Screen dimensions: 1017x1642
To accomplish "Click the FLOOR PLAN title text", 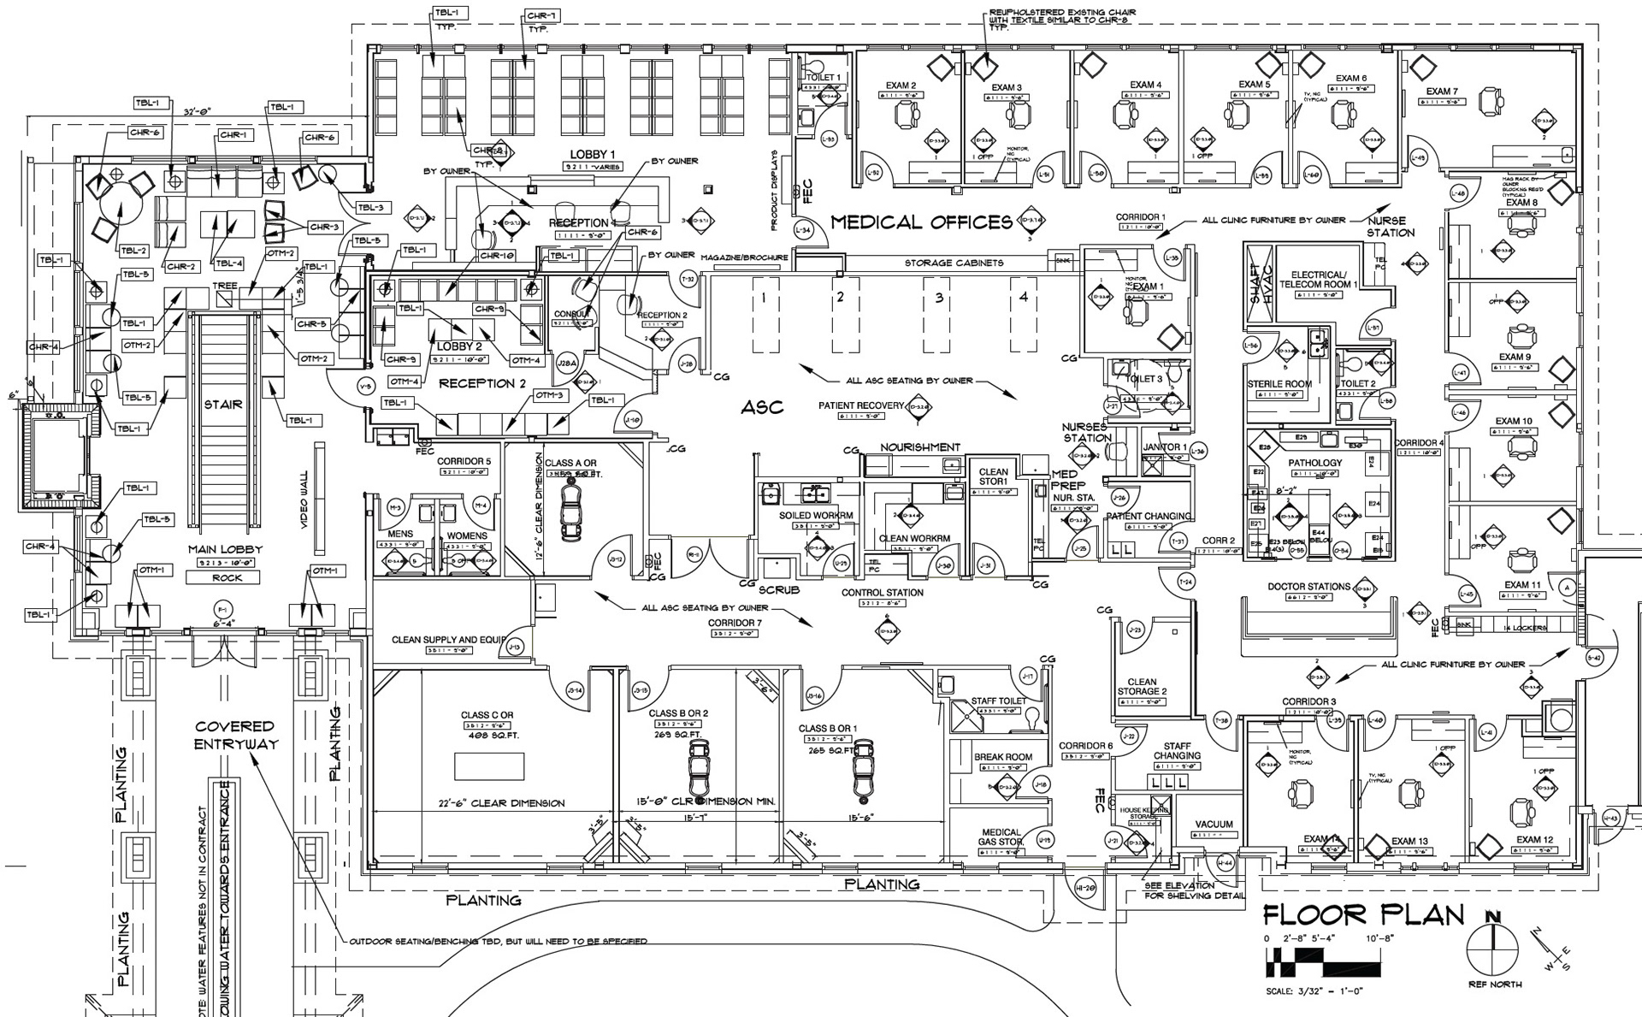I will pyautogui.click(x=1364, y=915).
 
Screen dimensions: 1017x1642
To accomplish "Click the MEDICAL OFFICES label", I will pyautogui.click(x=921, y=222).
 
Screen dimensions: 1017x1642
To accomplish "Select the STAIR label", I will pyautogui.click(x=222, y=404).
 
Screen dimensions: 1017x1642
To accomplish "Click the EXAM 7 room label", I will pyautogui.click(x=1442, y=92).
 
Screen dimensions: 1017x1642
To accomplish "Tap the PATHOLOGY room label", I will pyautogui.click(x=1315, y=463).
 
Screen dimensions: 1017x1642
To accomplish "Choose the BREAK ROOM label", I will pyautogui.click(x=1002, y=757).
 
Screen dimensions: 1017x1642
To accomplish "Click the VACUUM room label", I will pyautogui.click(x=1214, y=825).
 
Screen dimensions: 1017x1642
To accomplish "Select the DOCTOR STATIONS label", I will pyautogui.click(x=1308, y=587).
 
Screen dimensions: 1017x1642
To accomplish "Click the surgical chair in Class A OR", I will pyautogui.click(x=570, y=511).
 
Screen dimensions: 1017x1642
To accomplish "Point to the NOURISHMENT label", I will pyautogui.click(x=920, y=447).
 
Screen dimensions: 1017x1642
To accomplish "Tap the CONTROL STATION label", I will pyautogui.click(x=882, y=592).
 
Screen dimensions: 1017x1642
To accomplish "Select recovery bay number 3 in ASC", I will pyautogui.click(x=939, y=298).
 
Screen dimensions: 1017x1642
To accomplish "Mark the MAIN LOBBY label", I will pyautogui.click(x=225, y=549).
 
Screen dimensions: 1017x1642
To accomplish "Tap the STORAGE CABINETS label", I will pyautogui.click(x=954, y=263).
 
